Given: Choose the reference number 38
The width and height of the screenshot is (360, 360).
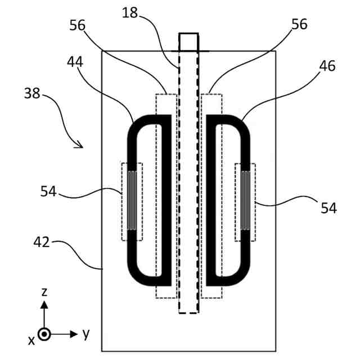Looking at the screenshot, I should (31, 94).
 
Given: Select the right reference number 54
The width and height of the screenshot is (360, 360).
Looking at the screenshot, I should (328, 208).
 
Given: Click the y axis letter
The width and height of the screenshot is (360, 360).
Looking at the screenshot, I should (85, 334).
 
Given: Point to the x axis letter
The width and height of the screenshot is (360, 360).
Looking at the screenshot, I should (32, 340).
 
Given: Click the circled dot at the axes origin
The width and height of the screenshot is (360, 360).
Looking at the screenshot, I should (44, 334).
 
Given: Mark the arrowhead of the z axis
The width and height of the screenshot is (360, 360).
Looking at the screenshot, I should (44, 305).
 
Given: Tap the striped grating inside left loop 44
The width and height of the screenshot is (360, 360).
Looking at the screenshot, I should (132, 200).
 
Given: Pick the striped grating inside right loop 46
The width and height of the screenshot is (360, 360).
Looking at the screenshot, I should (245, 200).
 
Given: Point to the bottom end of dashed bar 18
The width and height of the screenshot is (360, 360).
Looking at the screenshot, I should (188, 311).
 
